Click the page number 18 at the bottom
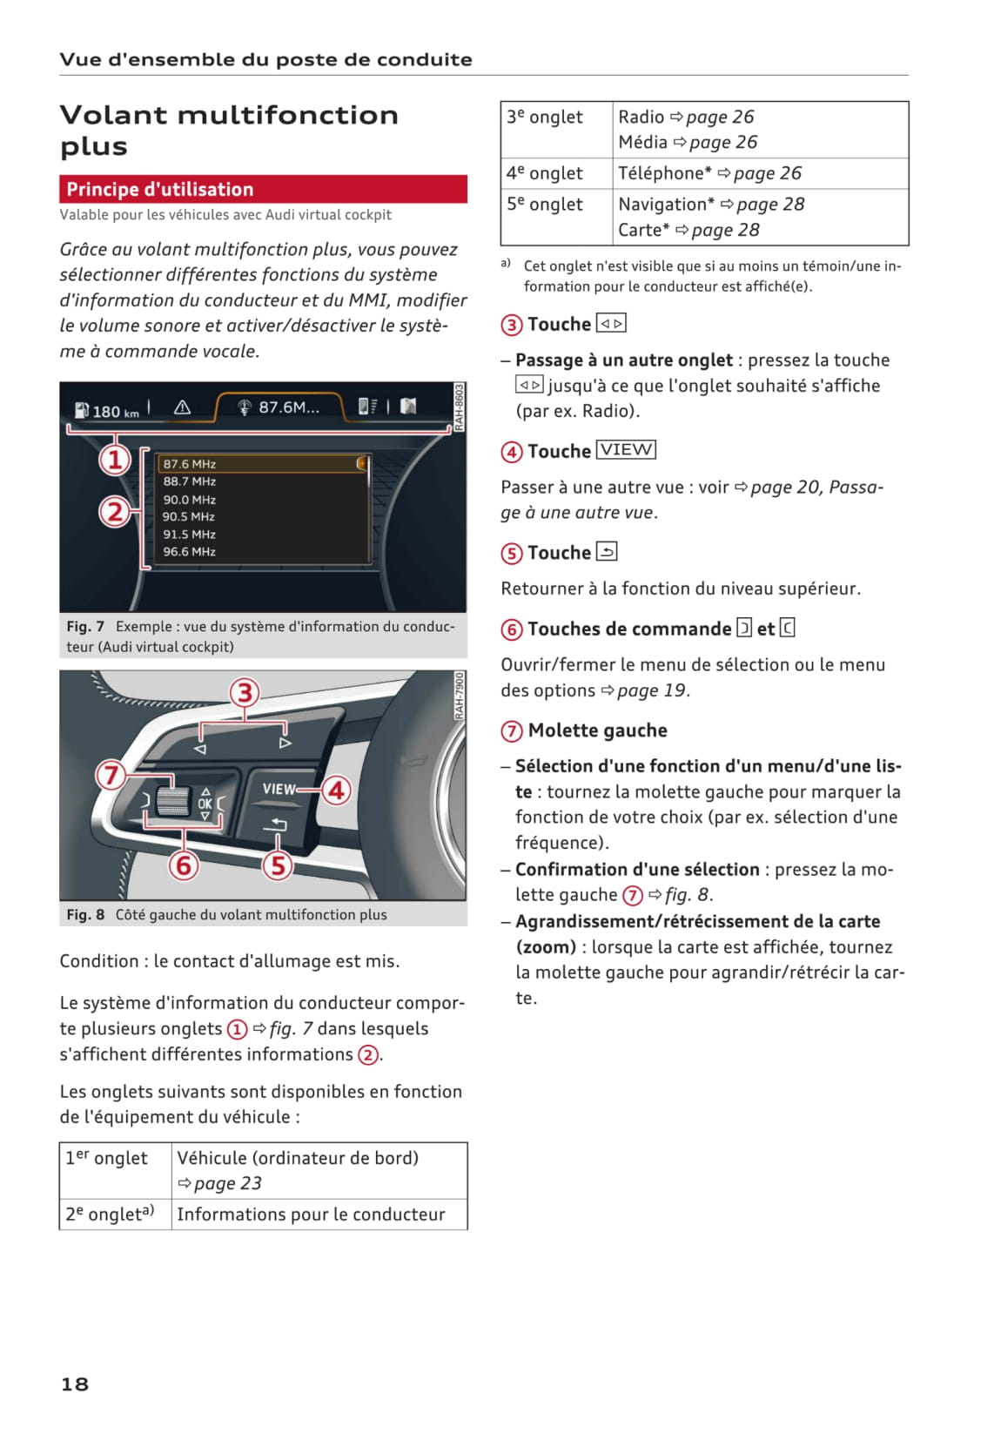75,1383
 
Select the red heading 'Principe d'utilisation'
160,189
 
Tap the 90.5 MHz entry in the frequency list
189,516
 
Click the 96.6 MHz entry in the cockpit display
189,551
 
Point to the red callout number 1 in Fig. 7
115,459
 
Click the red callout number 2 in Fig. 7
115,511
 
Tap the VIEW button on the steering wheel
279,789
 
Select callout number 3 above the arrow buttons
245,693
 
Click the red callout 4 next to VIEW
336,791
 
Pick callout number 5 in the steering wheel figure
278,865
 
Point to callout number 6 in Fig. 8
184,865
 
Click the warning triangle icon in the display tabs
182,407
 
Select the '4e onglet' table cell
545,173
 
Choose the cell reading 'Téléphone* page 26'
709,173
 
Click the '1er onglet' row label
107,1158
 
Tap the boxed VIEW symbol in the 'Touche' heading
626,450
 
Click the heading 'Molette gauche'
597,730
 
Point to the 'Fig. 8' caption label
85,914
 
